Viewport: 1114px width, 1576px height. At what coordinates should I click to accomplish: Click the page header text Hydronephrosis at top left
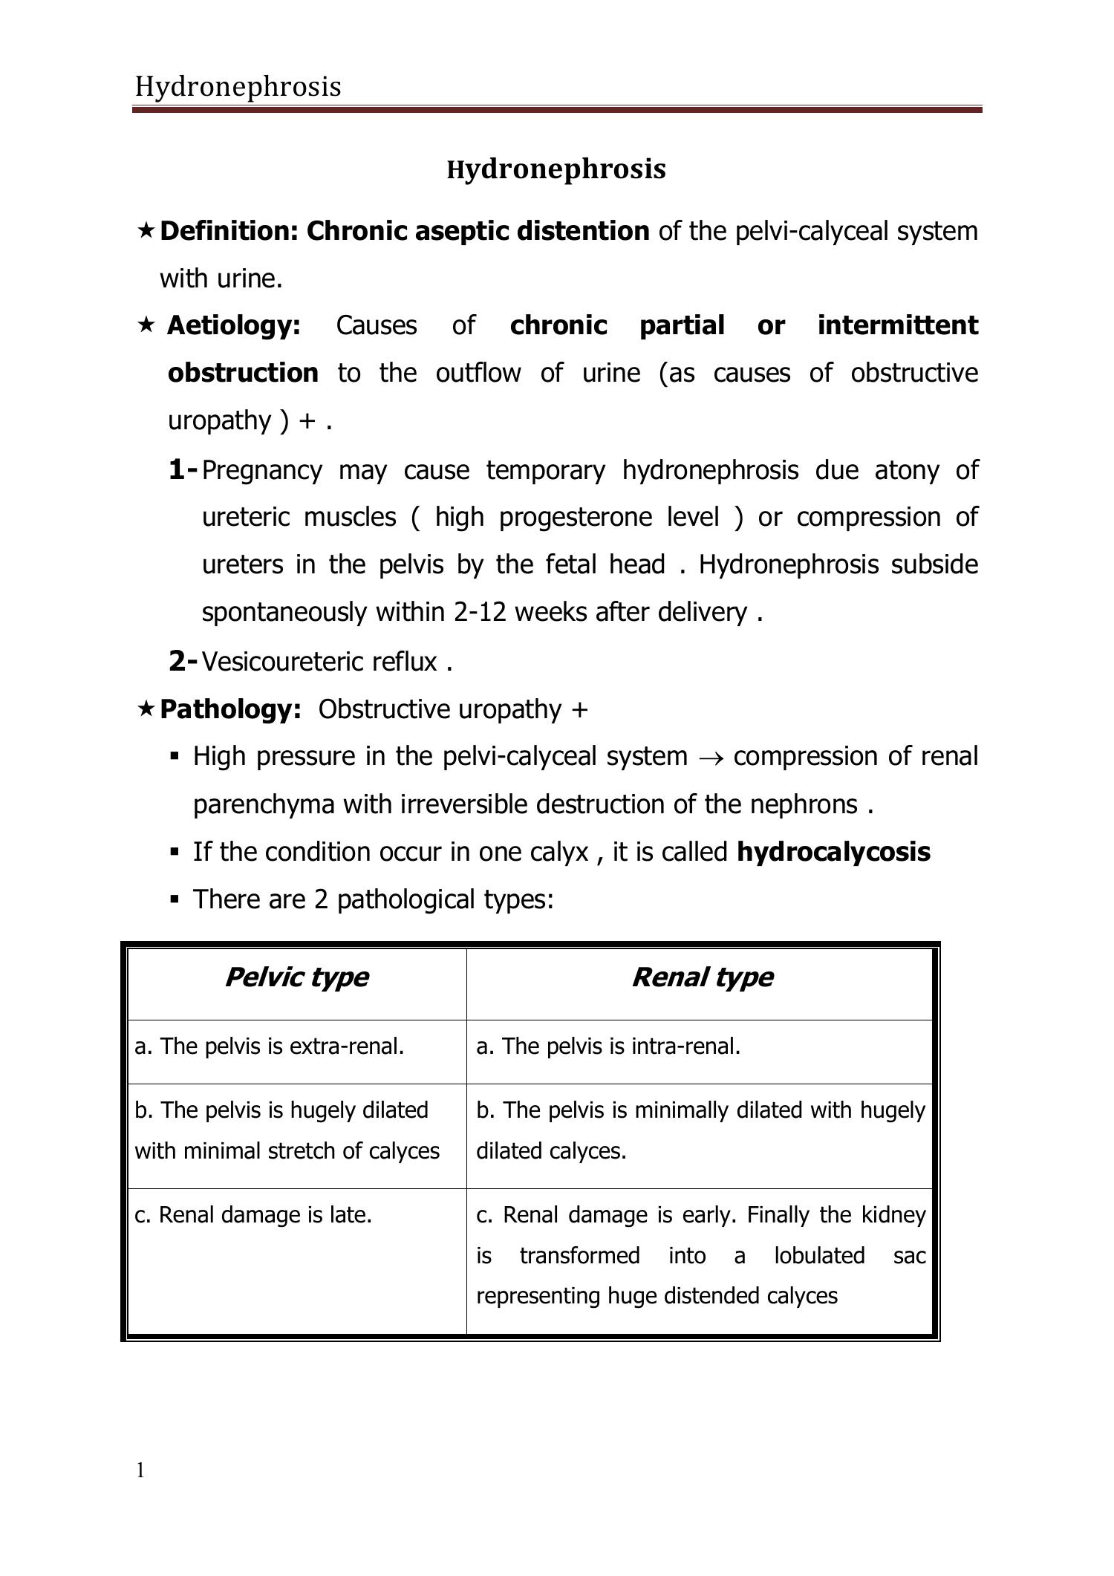coord(238,88)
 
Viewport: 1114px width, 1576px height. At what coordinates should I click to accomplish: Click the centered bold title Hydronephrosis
coord(556,169)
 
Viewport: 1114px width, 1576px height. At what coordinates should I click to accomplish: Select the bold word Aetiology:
coord(233,325)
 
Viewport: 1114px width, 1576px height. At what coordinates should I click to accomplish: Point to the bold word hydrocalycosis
coord(833,852)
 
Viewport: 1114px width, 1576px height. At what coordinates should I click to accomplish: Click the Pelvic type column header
coord(296,977)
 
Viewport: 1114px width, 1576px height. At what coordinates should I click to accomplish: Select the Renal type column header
coord(702,977)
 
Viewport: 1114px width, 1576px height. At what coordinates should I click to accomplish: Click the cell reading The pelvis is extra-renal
coord(270,1046)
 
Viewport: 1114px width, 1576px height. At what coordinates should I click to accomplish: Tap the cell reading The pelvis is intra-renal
coord(608,1046)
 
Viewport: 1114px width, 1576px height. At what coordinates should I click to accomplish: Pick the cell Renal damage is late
coord(253,1215)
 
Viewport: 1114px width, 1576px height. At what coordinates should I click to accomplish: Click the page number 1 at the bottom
coord(140,1470)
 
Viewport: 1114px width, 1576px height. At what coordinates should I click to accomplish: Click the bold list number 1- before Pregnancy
coord(183,469)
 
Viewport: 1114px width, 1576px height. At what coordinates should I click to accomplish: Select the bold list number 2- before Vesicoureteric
coord(183,660)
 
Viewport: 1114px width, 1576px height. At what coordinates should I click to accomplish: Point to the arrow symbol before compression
coord(710,758)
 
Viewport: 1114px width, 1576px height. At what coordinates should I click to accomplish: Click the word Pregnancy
coord(261,471)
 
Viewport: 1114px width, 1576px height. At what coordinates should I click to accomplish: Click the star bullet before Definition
coord(146,231)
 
